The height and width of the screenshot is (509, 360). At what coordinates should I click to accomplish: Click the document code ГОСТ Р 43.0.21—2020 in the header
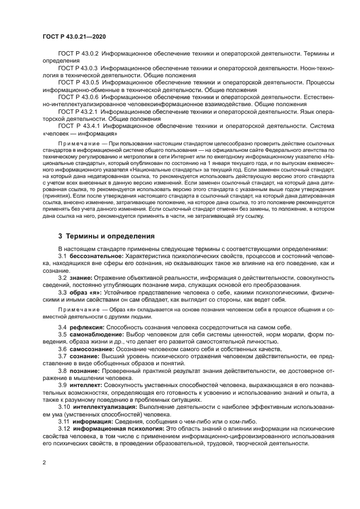point(74,36)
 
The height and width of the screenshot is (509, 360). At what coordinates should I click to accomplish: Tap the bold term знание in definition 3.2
point(81,277)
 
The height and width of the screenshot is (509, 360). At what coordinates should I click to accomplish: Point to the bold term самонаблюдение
point(94,334)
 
